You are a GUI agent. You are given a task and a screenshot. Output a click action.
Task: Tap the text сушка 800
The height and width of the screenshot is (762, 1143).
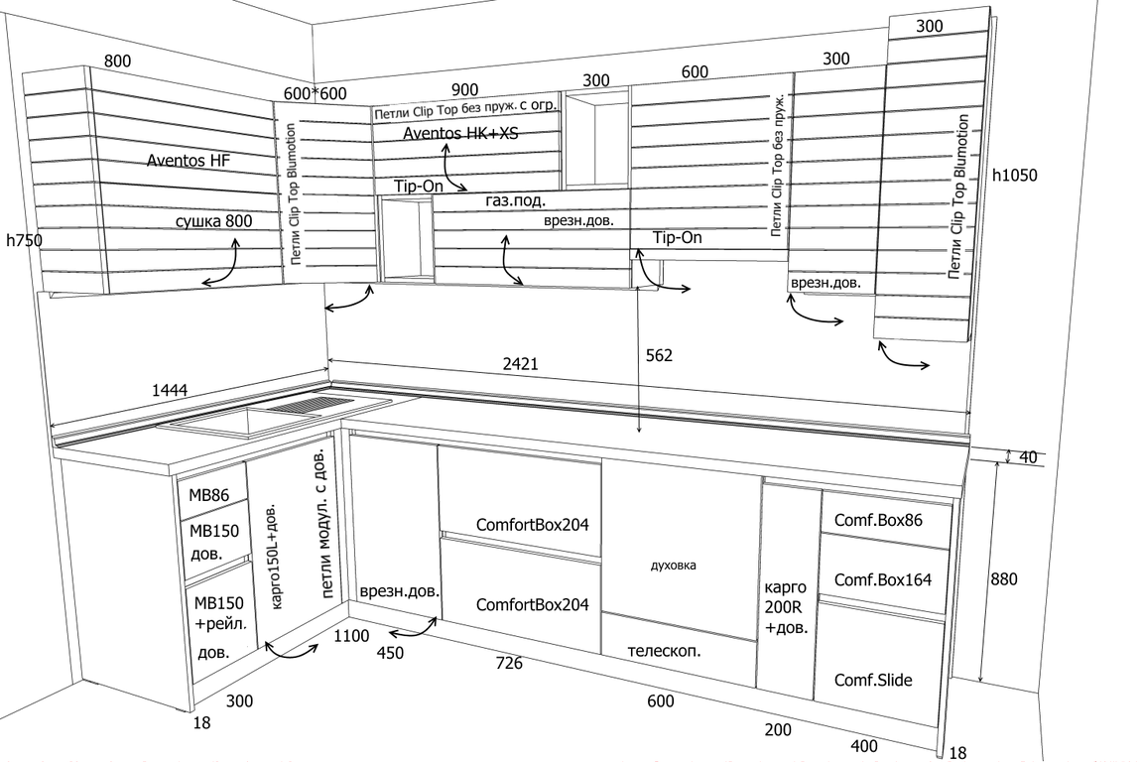click(213, 221)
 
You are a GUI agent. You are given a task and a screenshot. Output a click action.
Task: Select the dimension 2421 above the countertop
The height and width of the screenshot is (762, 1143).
click(520, 364)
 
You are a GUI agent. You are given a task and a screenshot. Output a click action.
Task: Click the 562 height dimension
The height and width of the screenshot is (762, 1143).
click(659, 355)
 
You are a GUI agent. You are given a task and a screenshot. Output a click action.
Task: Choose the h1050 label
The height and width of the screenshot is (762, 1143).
click(1014, 176)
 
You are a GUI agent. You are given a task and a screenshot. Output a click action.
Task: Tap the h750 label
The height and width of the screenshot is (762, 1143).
click(24, 240)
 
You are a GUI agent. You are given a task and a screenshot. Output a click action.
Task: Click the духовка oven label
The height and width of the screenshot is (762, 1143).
click(673, 566)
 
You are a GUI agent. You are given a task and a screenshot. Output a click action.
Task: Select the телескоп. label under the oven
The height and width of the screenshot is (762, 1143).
click(664, 652)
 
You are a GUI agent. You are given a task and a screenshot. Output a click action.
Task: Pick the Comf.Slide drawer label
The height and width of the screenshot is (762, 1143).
click(873, 680)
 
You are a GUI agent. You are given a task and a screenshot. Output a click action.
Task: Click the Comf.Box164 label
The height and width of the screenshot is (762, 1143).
click(882, 579)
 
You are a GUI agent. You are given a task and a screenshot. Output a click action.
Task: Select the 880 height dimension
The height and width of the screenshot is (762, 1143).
click(1004, 579)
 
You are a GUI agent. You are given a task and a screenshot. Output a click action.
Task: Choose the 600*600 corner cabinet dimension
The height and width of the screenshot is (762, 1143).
click(315, 93)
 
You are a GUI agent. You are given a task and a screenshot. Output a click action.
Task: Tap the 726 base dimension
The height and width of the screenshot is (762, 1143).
click(509, 663)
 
